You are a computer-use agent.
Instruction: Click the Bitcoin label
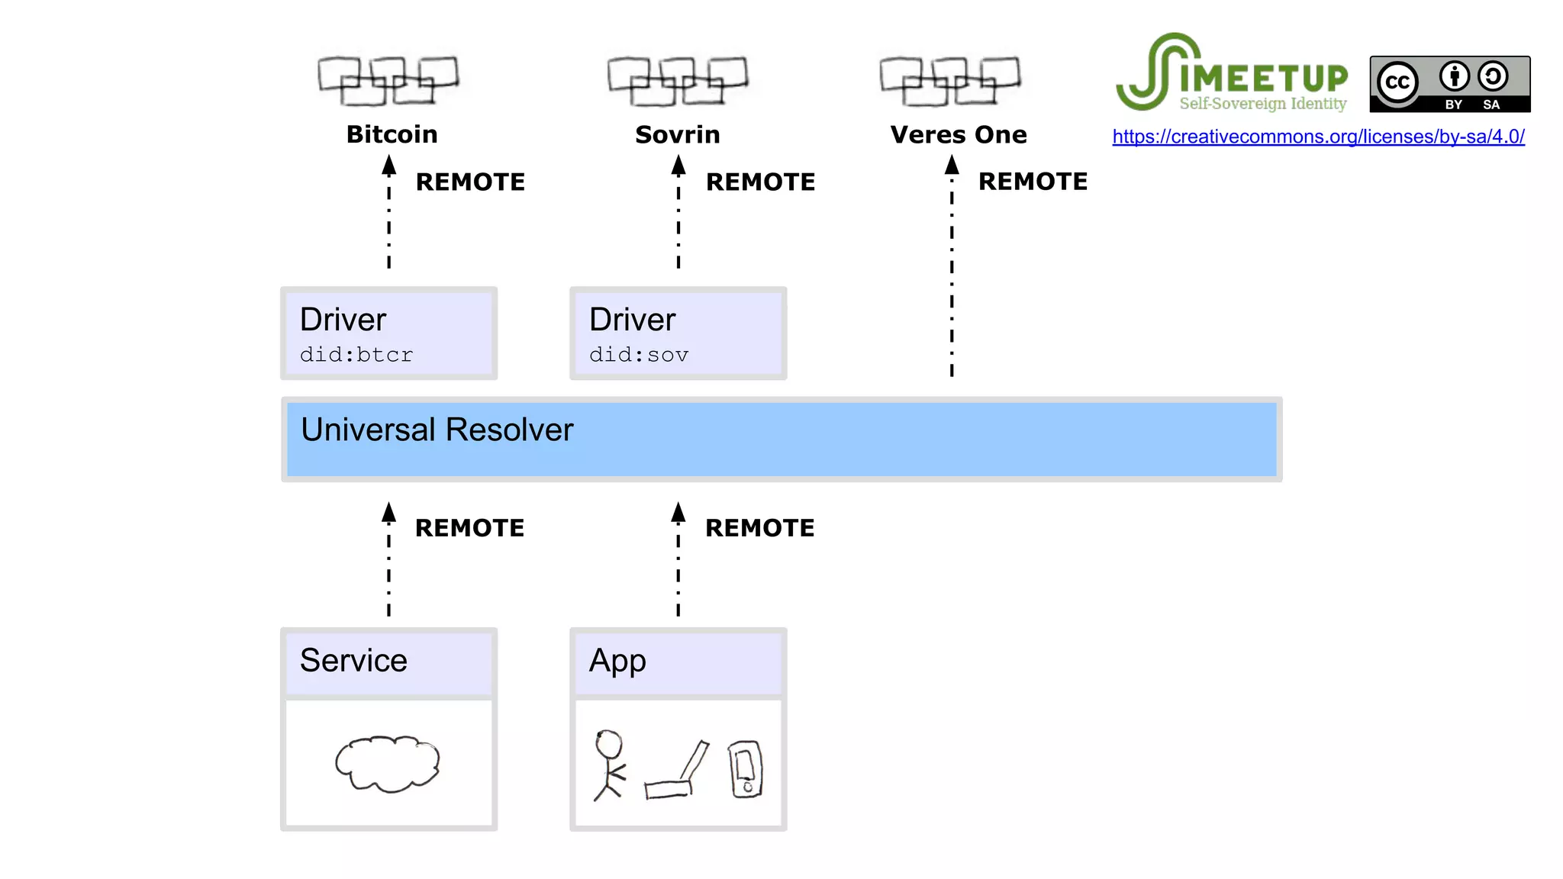392,134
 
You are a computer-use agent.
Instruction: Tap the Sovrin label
678,134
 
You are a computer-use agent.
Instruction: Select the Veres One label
959,134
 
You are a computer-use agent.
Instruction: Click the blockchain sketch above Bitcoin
388,80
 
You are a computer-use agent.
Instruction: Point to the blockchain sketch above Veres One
950,80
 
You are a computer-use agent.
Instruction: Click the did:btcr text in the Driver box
356,355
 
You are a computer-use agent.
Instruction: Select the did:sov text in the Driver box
639,355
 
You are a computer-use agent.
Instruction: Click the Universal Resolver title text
437,430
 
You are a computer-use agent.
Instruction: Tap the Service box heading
353,660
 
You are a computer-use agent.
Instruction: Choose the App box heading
617,660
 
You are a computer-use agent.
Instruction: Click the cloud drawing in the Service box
388,763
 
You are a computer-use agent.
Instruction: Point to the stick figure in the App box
609,765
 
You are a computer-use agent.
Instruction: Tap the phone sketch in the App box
746,769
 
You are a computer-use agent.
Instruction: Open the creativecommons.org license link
1318,137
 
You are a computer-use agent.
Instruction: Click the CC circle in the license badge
1397,82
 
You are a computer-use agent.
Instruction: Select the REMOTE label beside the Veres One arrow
1033,182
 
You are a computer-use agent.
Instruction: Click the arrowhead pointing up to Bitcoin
389,164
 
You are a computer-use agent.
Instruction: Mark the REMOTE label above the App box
759,528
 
